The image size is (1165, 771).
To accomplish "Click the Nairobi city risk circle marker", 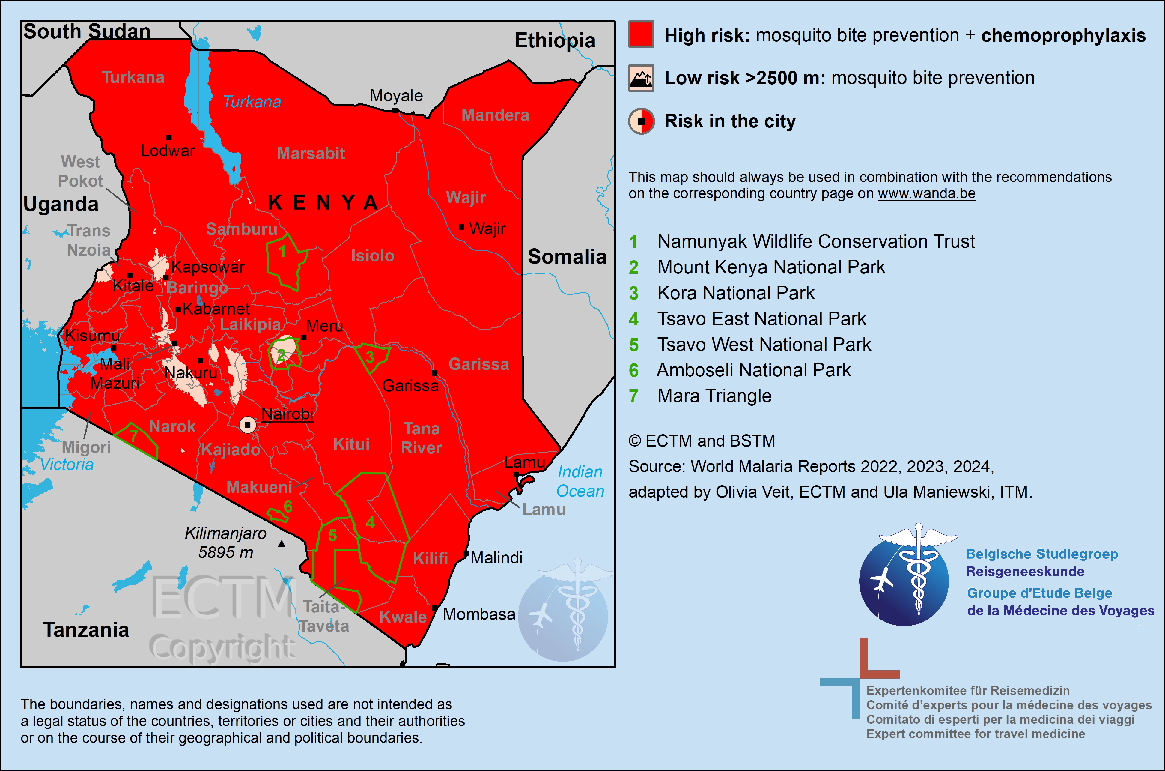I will coord(248,425).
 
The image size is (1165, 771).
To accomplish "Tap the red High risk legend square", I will coord(641,34).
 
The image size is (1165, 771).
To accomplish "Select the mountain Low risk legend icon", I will coord(641,78).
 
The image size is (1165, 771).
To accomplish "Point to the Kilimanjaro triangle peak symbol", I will coord(282,543).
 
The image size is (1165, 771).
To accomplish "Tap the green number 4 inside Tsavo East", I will coord(371,523).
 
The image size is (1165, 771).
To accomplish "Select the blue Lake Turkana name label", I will coord(252,102).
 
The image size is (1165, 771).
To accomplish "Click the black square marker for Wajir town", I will coord(461,227).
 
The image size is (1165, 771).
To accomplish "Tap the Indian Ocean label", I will coord(580,481).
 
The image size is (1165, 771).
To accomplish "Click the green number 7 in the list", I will coord(634,396).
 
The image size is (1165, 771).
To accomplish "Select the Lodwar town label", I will coord(168,151).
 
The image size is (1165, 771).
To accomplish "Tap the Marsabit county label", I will coord(311,154).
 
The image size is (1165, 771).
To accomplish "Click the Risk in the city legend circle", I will coord(641,121).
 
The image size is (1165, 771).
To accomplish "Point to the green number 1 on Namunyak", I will coord(283,251).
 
